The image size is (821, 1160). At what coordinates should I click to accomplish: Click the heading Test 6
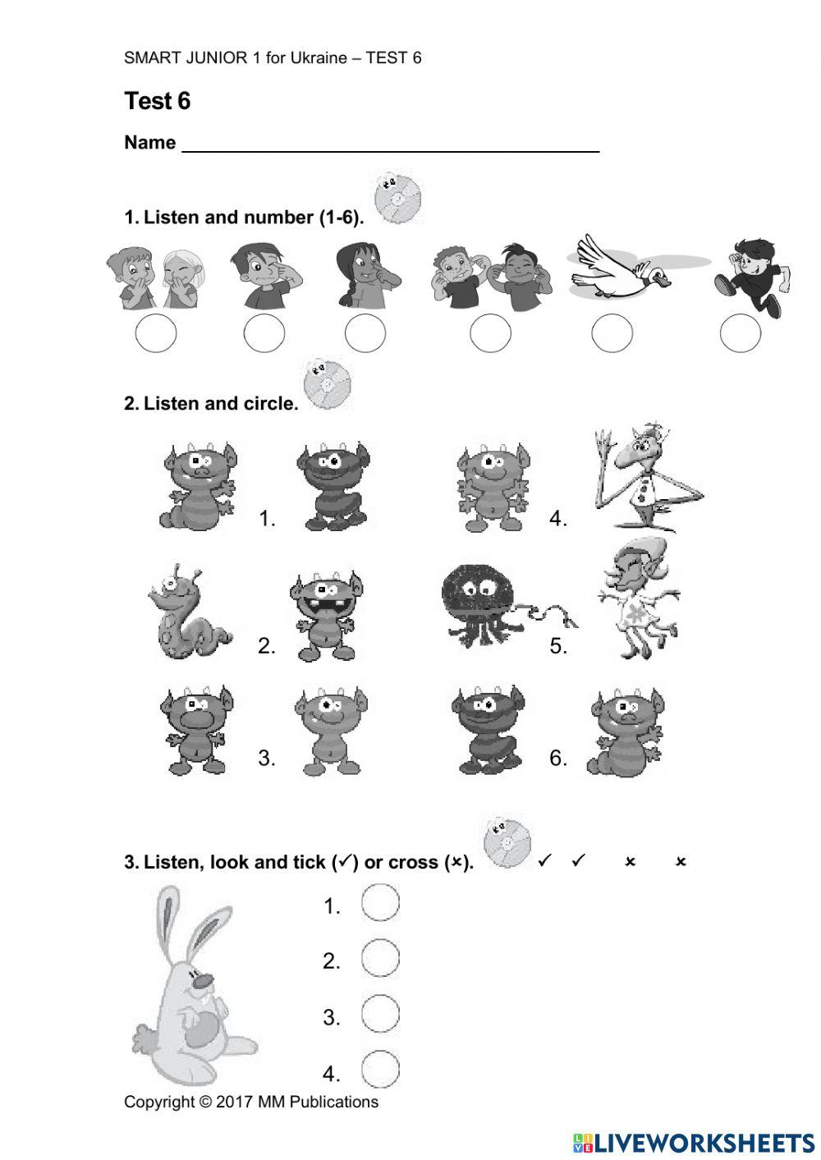(157, 101)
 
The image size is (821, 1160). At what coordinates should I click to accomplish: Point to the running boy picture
(750, 275)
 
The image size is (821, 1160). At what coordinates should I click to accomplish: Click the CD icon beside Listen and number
(397, 198)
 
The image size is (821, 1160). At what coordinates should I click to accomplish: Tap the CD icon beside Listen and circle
(326, 383)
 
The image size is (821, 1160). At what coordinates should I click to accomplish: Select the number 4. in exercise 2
(558, 519)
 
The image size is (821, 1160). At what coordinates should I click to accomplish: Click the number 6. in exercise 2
(558, 758)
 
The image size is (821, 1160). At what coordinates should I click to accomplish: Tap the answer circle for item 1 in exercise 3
(380, 903)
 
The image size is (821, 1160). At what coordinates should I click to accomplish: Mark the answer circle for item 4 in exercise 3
(380, 1070)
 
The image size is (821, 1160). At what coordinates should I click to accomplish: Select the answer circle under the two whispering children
(155, 334)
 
